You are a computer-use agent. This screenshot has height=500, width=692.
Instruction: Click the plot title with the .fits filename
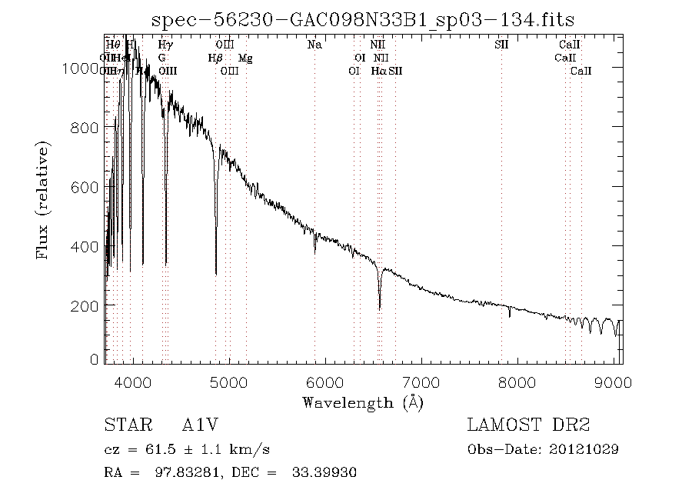click(363, 18)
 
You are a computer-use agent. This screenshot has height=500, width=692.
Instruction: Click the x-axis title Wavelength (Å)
click(363, 402)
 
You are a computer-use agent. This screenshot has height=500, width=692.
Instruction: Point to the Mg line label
click(245, 58)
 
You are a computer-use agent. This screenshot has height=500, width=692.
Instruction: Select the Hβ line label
click(216, 58)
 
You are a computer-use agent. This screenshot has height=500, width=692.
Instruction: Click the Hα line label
click(378, 72)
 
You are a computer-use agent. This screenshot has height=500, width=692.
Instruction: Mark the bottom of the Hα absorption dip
click(379, 308)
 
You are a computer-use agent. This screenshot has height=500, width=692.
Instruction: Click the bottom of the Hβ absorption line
click(216, 273)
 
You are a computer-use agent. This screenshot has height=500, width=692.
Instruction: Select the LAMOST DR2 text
click(528, 425)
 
